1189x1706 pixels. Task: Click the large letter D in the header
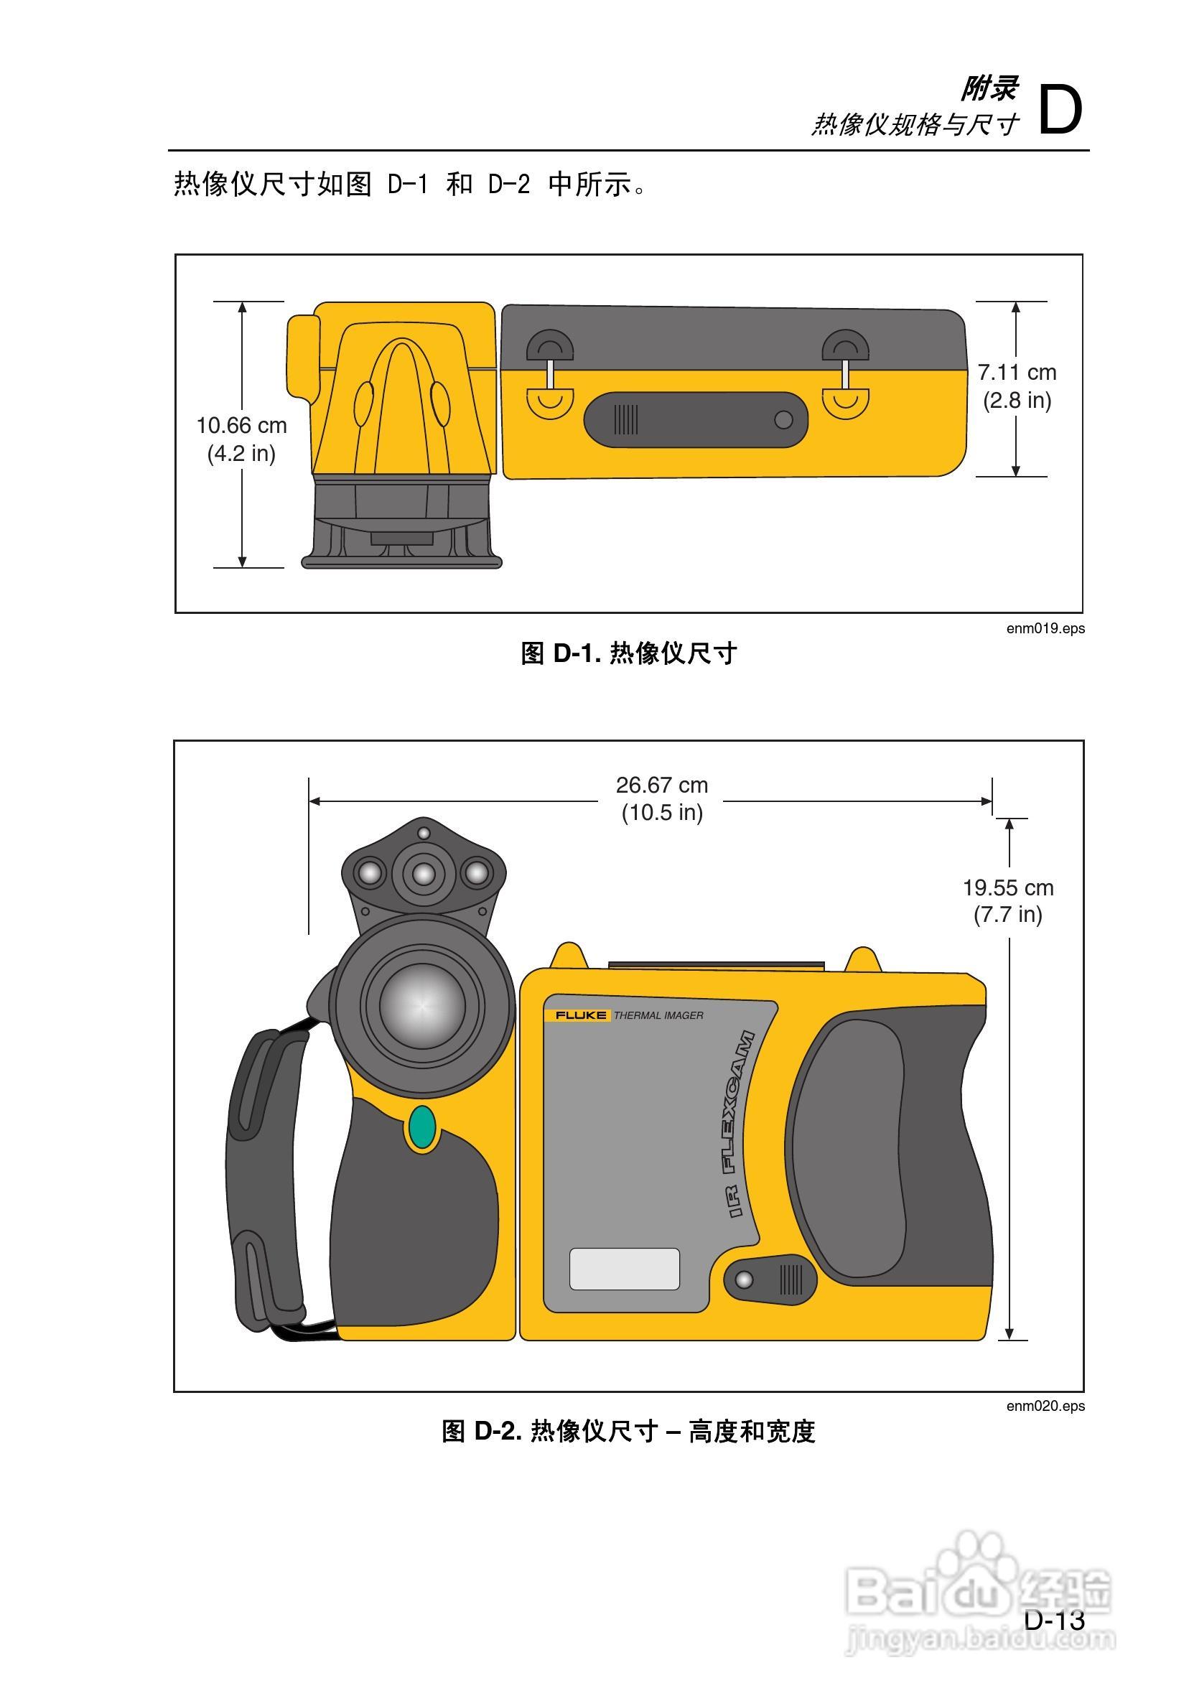click(1060, 110)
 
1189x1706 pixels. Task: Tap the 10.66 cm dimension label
click(241, 426)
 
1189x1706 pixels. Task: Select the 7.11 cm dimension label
click(1017, 372)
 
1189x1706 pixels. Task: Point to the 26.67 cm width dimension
click(661, 786)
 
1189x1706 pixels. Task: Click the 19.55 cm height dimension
click(1007, 888)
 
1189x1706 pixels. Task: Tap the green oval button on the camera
click(422, 1127)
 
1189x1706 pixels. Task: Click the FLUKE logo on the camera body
click(580, 1015)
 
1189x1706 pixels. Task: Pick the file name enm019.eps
click(1045, 628)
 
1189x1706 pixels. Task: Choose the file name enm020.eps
click(1045, 1406)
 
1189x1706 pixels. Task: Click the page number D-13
click(1055, 1620)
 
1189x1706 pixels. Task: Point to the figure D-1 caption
click(628, 654)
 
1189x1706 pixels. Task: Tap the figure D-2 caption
click(628, 1431)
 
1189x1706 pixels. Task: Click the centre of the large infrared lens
click(422, 1005)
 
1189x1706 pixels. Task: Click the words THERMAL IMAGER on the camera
click(658, 1016)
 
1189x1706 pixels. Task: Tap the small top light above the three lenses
click(424, 833)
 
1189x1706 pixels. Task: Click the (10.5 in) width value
click(661, 813)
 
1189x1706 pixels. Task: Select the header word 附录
click(989, 89)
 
